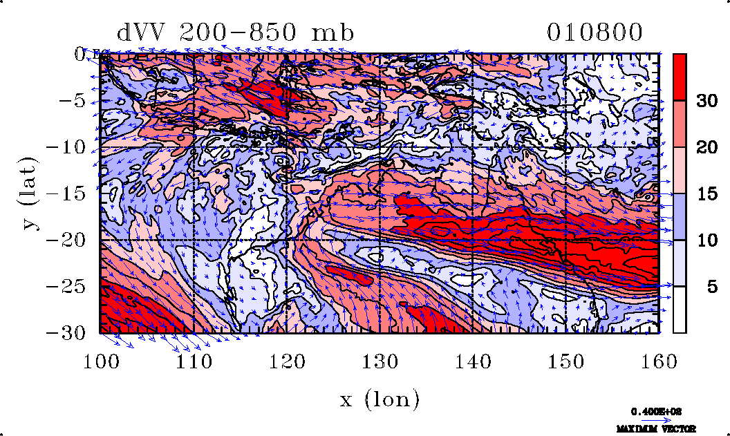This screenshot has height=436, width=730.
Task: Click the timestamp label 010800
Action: (x=595, y=32)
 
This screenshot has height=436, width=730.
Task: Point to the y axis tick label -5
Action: (x=73, y=101)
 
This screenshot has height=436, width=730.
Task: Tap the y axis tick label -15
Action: (x=68, y=194)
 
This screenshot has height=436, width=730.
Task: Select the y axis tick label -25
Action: (x=68, y=287)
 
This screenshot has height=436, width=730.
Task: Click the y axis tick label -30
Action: (x=68, y=333)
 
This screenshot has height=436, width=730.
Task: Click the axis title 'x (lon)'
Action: (x=380, y=399)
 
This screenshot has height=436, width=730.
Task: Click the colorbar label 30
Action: (x=706, y=101)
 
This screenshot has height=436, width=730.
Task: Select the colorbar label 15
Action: (x=706, y=194)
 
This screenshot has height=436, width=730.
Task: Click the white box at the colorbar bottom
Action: (x=680, y=310)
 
